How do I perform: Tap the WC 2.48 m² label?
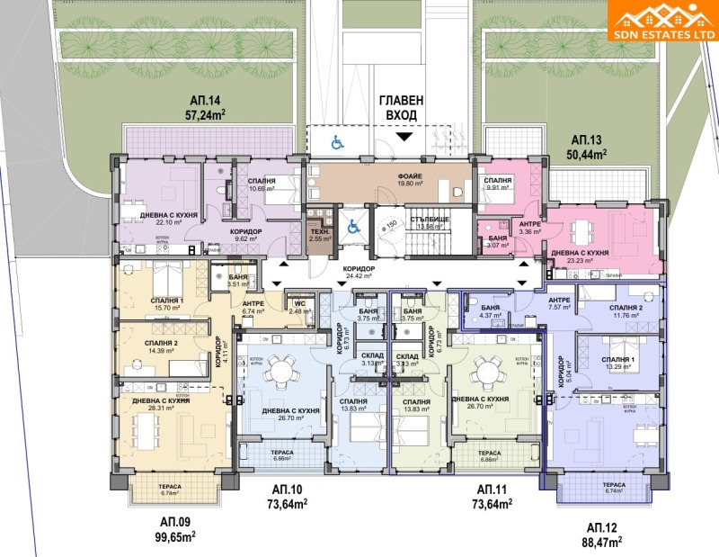tap(299, 308)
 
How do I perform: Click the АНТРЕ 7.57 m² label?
tap(560, 305)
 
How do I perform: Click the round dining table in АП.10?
tap(284, 370)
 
